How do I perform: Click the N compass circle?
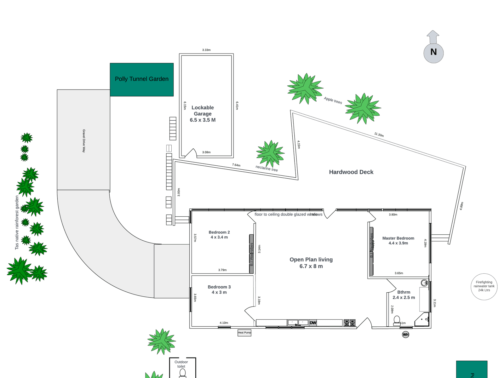tap(433, 52)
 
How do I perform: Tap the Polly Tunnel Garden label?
tap(142, 79)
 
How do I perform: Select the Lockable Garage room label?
tap(203, 114)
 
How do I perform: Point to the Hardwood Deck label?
tap(351, 172)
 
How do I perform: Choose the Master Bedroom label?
tap(398, 240)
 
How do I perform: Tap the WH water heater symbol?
tap(405, 335)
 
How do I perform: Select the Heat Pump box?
tap(244, 333)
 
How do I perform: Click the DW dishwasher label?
tap(313, 323)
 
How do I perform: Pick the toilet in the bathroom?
tap(397, 320)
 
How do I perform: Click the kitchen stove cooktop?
tap(350, 323)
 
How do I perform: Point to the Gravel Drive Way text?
tap(84, 141)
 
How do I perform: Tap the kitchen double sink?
tap(297, 323)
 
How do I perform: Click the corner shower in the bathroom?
tap(423, 320)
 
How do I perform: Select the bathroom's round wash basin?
tap(424, 283)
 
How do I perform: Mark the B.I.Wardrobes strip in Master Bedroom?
tap(372, 251)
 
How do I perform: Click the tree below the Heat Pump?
tap(162, 341)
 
